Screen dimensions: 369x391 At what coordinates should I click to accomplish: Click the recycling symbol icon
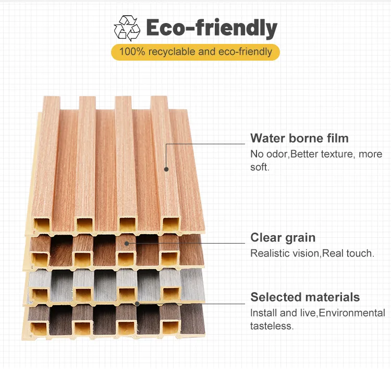[x=127, y=29]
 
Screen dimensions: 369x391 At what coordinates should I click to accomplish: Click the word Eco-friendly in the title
[x=211, y=28]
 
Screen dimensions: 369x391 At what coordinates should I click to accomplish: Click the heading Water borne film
[x=299, y=139]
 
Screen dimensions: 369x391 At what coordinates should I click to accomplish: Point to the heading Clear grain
[x=283, y=238]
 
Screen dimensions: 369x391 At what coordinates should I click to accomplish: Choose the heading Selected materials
[x=305, y=297]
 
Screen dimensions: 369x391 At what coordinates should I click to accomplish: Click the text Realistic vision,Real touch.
[x=312, y=253]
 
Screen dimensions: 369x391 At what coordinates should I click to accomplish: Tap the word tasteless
[x=271, y=326]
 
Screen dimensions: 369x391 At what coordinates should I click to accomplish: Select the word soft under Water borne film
[x=260, y=168]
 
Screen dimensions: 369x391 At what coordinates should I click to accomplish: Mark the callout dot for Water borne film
[x=166, y=169]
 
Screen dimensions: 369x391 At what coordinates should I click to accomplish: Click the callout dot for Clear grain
[x=127, y=243]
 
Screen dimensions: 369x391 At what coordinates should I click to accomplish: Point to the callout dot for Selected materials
[x=137, y=303]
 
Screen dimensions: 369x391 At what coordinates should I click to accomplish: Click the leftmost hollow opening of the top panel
[x=41, y=225]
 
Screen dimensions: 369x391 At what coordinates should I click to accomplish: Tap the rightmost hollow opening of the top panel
[x=169, y=225]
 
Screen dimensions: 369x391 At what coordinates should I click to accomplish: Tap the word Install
[x=263, y=313]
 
